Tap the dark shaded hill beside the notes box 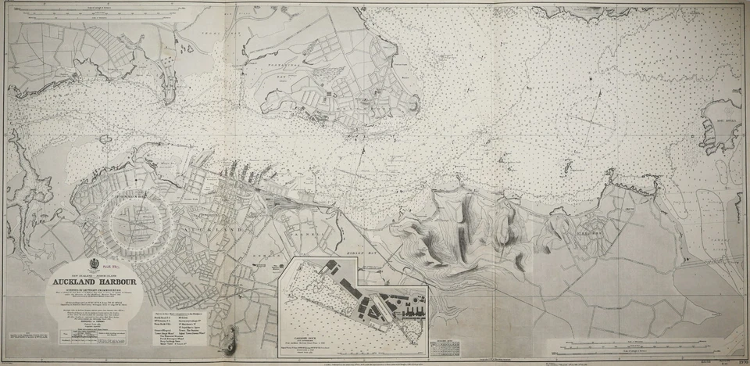227,336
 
